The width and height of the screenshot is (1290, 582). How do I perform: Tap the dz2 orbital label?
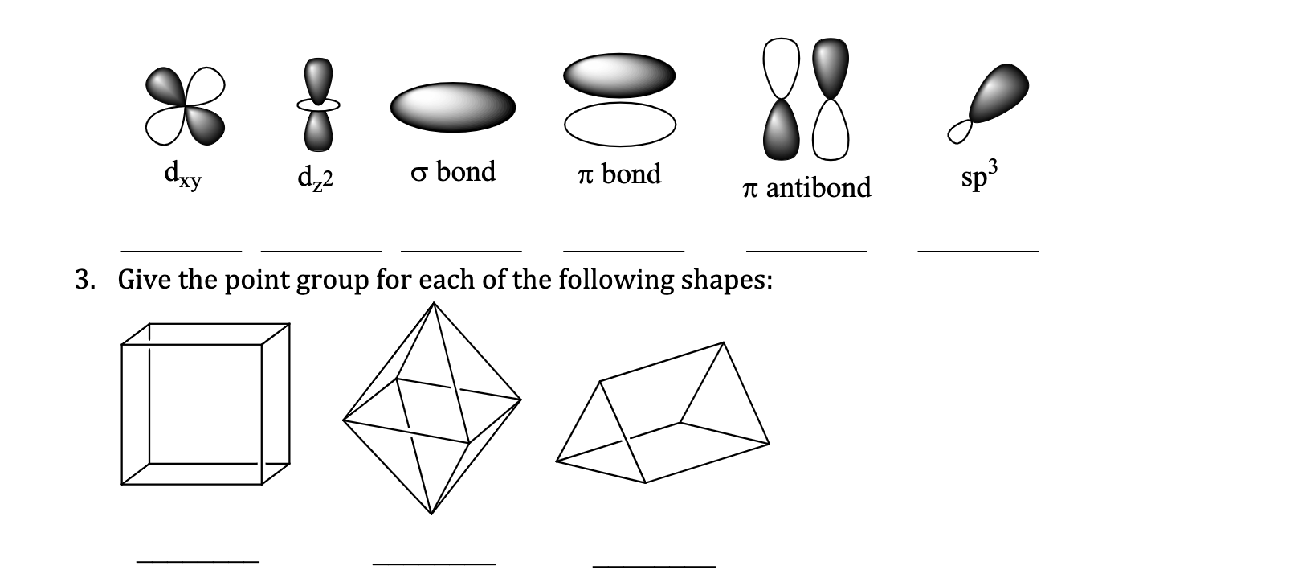pyautogui.click(x=315, y=177)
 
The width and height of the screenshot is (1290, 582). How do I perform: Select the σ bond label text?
pyautogui.click(x=453, y=171)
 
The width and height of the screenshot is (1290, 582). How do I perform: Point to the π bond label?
pyautogui.click(x=619, y=174)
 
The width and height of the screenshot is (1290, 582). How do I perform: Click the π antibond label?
pyautogui.click(x=806, y=187)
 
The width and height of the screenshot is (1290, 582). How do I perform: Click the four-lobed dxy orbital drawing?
pyautogui.click(x=186, y=106)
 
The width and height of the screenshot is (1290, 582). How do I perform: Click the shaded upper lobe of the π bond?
pyautogui.click(x=619, y=75)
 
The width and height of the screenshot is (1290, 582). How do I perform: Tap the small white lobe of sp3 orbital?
pyautogui.click(x=959, y=130)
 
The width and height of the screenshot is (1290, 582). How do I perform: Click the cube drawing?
pyautogui.click(x=205, y=404)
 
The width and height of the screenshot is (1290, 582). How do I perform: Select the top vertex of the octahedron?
pyautogui.click(x=434, y=303)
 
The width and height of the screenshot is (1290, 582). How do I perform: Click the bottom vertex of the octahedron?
pyautogui.click(x=431, y=513)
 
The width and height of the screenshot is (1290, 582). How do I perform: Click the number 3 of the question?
pyautogui.click(x=84, y=280)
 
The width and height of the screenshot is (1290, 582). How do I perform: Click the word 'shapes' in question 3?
pyautogui.click(x=725, y=281)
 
